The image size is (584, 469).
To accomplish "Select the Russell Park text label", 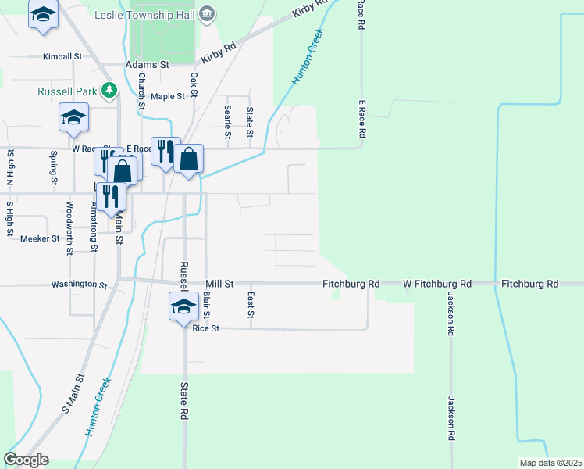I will coord(67,91).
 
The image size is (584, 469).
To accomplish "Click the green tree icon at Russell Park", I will coord(109,91).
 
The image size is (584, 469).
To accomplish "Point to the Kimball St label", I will coord(62,57).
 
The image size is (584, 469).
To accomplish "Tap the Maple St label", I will coord(168,96).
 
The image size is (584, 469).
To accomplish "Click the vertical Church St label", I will coord(142,91).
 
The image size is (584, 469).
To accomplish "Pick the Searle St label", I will coord(227,122).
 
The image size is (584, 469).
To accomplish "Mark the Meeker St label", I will coord(40,238).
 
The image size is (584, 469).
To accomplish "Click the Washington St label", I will coord(79,285).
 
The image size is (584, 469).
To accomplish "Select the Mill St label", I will coord(219,285).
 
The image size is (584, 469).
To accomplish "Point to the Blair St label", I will coord(206,305).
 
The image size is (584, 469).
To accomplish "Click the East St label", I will coord(251,305).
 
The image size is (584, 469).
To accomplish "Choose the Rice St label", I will coord(206,329).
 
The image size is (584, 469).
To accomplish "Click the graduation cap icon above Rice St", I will coord(183,306).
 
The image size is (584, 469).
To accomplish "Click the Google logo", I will coord(26,460).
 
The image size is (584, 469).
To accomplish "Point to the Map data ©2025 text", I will coord(550,463).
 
